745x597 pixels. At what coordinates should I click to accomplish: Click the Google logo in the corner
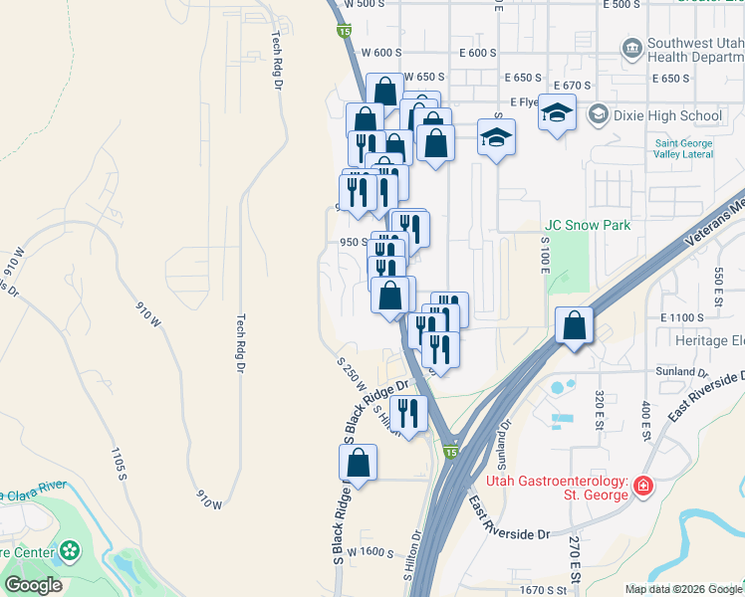point(34,585)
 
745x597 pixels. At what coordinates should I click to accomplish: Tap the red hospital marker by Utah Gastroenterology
point(643,487)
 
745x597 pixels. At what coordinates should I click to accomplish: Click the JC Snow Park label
point(588,226)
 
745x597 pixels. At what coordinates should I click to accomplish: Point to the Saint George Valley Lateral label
point(697,148)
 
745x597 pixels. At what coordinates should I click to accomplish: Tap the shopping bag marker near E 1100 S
point(575,325)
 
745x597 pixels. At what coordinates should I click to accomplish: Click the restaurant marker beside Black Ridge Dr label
point(408,411)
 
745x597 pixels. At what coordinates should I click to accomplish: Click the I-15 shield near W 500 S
point(343,32)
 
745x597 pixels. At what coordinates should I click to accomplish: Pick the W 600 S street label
point(380,53)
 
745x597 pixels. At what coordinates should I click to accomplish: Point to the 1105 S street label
point(119,464)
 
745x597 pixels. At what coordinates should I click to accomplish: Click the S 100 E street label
point(545,250)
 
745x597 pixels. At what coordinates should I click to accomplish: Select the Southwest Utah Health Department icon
point(630,48)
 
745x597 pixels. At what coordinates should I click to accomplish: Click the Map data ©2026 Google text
point(684,589)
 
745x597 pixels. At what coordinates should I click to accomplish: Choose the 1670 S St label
point(547,590)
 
